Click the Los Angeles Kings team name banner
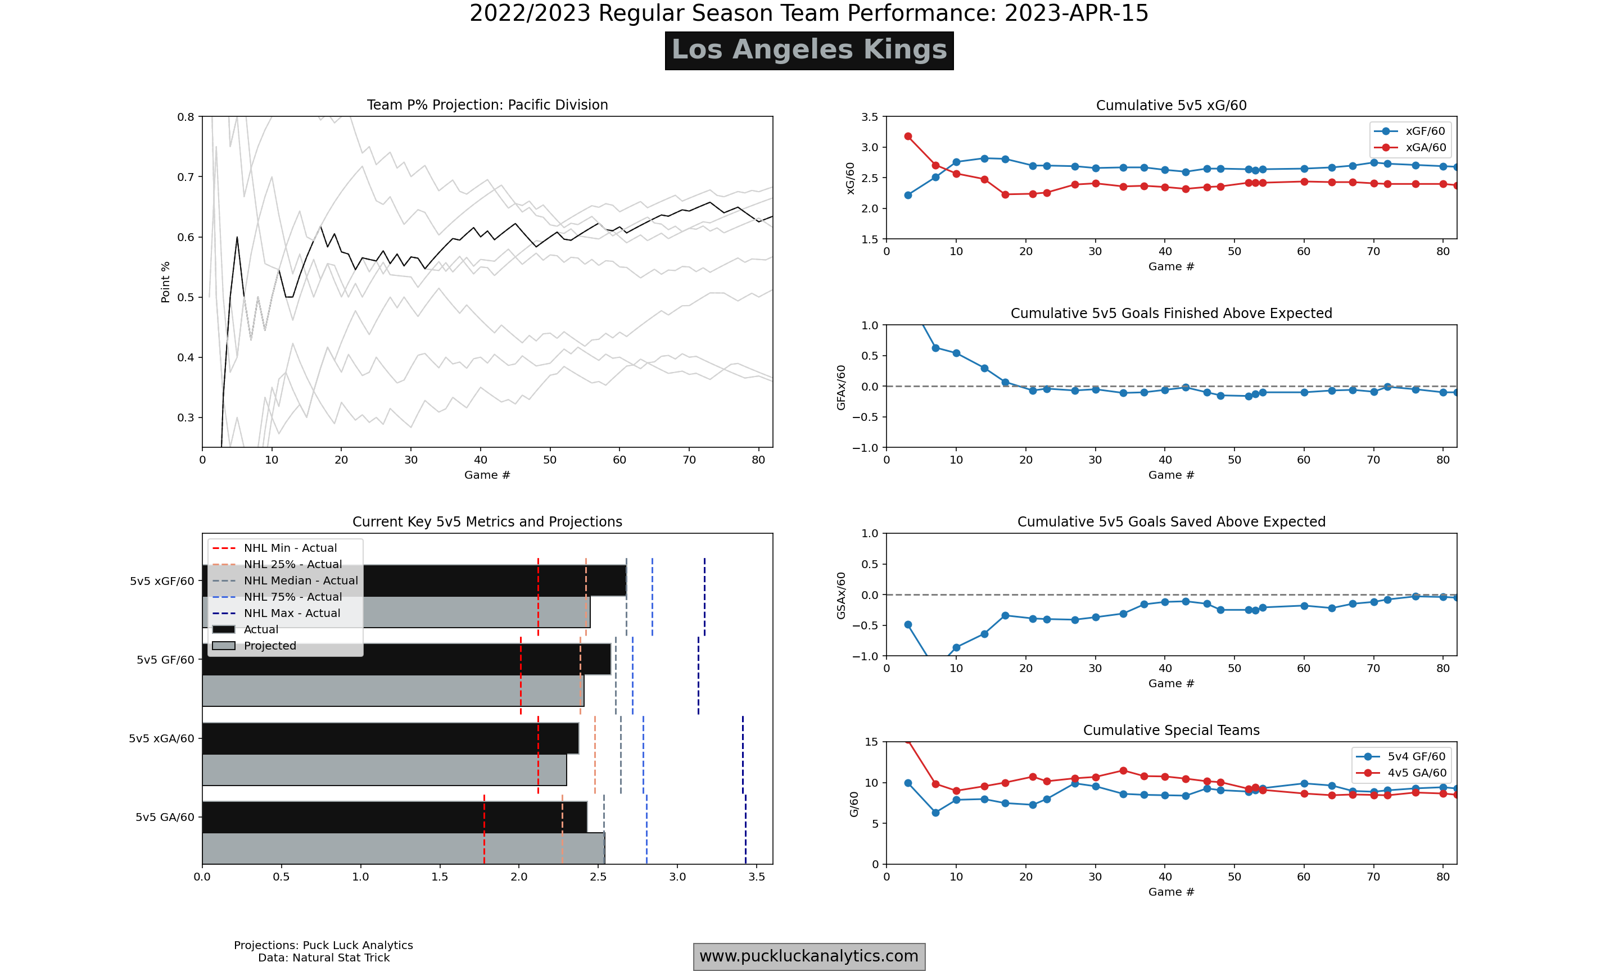pyautogui.click(x=809, y=51)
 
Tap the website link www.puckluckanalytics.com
pyautogui.click(x=809, y=956)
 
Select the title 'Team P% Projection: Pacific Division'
pyautogui.click(x=487, y=105)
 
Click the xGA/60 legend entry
pyautogui.click(x=1424, y=147)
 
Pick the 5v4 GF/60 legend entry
pyautogui.click(x=1416, y=756)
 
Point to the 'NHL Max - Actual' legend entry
pyautogui.click(x=291, y=613)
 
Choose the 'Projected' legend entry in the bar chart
pyautogui.click(x=270, y=646)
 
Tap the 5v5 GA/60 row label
pyautogui.click(x=165, y=817)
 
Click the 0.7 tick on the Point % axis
pyautogui.click(x=186, y=176)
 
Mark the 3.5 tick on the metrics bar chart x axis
pyautogui.click(x=757, y=877)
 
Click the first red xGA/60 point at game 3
pyautogui.click(x=908, y=136)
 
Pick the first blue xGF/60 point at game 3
pyautogui.click(x=908, y=195)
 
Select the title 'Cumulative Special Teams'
pyautogui.click(x=1171, y=730)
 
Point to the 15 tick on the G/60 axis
pyautogui.click(x=871, y=742)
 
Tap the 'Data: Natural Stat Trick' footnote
pyautogui.click(x=323, y=958)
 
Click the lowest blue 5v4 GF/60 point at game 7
pyautogui.click(x=935, y=813)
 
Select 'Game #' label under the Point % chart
pyautogui.click(x=487, y=475)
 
